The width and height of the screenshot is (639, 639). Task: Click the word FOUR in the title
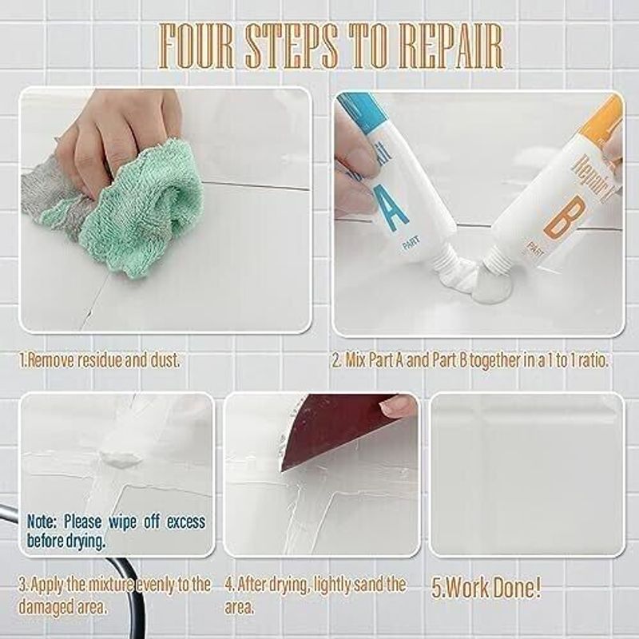click(x=196, y=46)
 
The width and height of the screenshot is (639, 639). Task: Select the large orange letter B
click(x=565, y=219)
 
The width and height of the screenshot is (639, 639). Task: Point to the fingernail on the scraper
click(x=392, y=404)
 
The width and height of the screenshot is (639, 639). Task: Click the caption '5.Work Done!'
click(x=486, y=588)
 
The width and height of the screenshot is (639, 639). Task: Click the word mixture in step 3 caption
click(x=109, y=585)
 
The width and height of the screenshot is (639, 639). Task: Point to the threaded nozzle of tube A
click(x=445, y=260)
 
